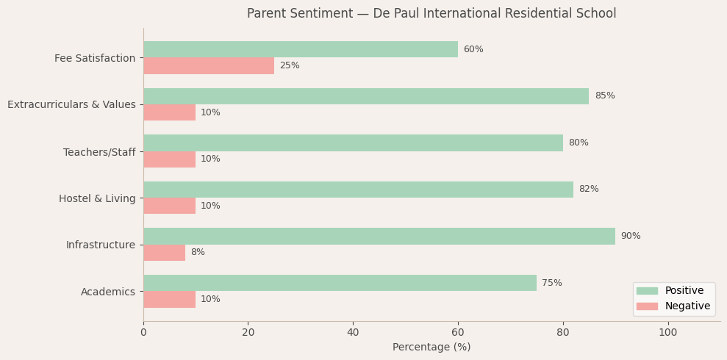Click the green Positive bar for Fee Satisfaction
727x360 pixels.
[x=300, y=49]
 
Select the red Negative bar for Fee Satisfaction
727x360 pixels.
[x=209, y=66]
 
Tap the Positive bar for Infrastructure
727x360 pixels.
[x=379, y=236]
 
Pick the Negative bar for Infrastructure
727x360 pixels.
[x=164, y=253]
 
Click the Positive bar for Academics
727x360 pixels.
[x=340, y=283]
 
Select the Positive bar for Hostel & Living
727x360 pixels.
[x=358, y=190]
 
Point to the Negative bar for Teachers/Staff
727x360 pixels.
[x=169, y=159]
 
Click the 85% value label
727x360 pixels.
[x=604, y=96]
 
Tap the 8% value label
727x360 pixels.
[x=198, y=253]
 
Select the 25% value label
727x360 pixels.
[x=290, y=66]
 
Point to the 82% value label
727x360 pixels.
[x=589, y=190]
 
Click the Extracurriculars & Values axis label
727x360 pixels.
[x=71, y=105]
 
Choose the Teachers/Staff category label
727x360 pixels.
[x=99, y=152]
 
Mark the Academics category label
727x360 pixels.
[x=108, y=292]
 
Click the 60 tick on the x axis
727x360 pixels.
[x=458, y=333]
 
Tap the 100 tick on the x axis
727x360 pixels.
[x=667, y=333]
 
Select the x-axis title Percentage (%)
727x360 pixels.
[x=431, y=348]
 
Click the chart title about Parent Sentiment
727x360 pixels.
[x=431, y=14]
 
